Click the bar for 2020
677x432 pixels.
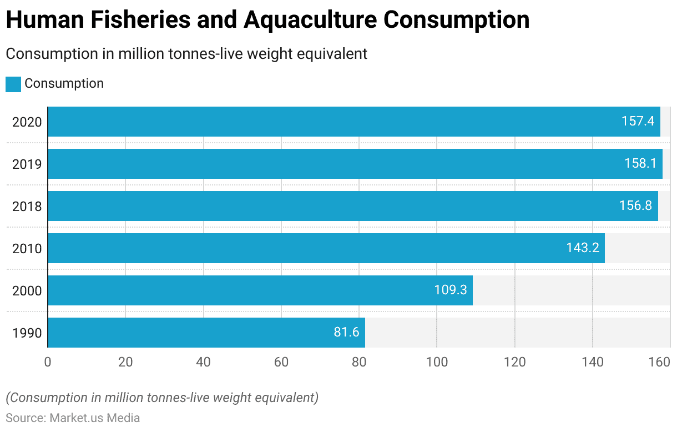pyautogui.click(x=353, y=122)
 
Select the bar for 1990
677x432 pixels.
pyautogui.click(x=206, y=333)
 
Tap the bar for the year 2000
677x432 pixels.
pyautogui.click(x=260, y=290)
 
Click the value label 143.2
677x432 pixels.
pyautogui.click(x=583, y=248)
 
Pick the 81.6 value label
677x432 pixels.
pyautogui.click(x=346, y=333)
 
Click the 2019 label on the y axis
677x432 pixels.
pyautogui.click(x=27, y=164)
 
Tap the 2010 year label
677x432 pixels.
pyautogui.click(x=27, y=249)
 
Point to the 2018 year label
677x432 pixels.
pyautogui.click(x=27, y=207)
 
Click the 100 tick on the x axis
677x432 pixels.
pyautogui.click(x=437, y=363)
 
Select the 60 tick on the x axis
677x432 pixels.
pyautogui.click(x=281, y=363)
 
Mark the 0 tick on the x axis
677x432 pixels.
pyautogui.click(x=48, y=363)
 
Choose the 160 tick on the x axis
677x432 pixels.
pyautogui.click(x=659, y=363)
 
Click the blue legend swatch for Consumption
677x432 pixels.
pyautogui.click(x=13, y=84)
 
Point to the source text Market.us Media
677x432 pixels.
pyautogui.click(x=95, y=418)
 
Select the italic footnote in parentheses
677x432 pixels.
pyautogui.click(x=162, y=398)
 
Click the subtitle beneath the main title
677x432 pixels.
pyautogui.click(x=186, y=54)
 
